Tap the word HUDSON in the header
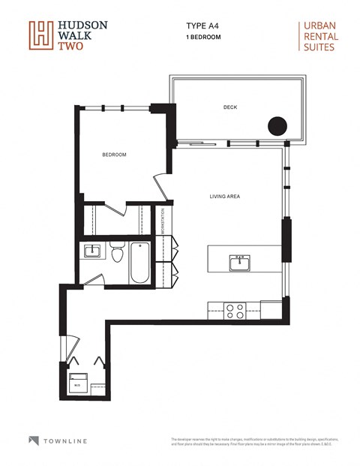point(84,25)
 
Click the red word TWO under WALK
point(70,47)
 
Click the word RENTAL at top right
point(318,36)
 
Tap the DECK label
point(229,107)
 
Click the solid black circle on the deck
point(278,126)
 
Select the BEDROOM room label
point(114,155)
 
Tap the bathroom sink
point(93,251)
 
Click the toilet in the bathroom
point(116,254)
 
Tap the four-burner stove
point(235,310)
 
